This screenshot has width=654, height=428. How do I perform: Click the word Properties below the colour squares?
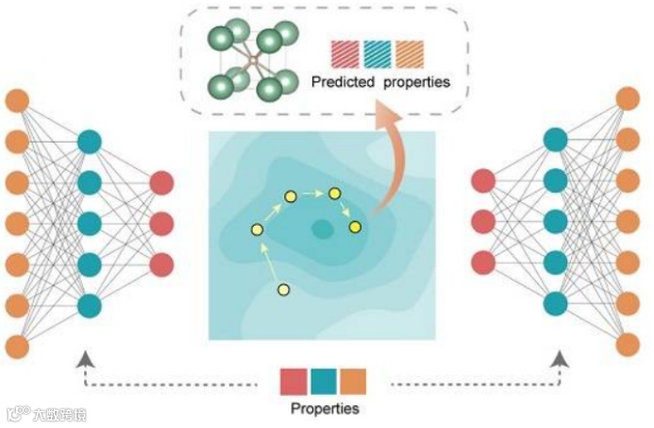click(325, 409)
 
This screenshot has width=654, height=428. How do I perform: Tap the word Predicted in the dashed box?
click(343, 82)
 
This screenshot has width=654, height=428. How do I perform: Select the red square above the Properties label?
click(294, 381)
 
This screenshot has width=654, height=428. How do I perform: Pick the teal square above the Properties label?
click(324, 381)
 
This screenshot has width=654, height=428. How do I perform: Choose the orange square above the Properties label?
click(354, 381)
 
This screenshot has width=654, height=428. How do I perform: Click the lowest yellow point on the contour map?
click(283, 289)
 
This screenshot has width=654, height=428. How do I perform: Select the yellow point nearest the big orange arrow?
click(355, 227)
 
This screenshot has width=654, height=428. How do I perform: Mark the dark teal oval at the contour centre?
click(323, 228)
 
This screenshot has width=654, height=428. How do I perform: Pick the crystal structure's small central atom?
click(252, 60)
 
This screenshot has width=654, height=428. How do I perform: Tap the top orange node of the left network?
click(17, 99)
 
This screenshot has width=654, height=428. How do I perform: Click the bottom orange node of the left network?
click(17, 346)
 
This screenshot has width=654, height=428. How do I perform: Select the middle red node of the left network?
click(161, 223)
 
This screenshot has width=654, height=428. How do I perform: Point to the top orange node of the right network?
click(628, 97)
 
